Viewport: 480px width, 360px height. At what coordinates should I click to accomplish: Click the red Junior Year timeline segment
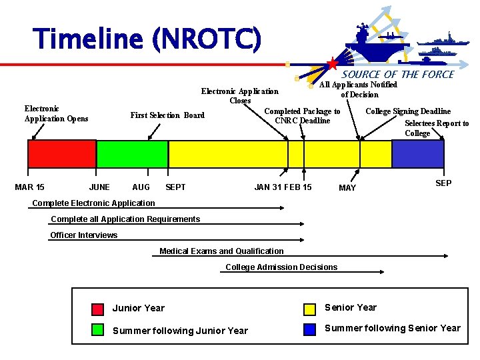pos(61,153)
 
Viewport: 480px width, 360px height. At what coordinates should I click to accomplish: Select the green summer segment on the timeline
pos(132,153)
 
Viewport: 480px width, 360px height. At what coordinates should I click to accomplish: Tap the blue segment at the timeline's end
pos(417,153)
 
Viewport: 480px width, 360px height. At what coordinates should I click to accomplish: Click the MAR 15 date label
pos(29,187)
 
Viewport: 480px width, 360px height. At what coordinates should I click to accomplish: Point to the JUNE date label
pos(99,187)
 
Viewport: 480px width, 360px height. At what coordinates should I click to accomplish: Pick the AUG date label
pos(141,187)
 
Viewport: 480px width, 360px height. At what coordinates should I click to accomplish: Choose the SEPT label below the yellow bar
pos(175,187)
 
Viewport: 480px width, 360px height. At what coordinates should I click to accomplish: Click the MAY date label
pos(347,188)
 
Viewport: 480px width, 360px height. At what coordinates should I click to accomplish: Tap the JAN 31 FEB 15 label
pos(283,187)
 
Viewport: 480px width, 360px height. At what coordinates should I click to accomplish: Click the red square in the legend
pos(97,309)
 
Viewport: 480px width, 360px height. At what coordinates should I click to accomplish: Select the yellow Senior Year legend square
pos(309,309)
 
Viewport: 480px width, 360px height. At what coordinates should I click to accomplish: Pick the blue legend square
pos(309,329)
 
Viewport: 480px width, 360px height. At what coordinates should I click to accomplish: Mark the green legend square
pos(97,330)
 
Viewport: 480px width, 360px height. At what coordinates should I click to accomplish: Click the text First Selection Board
pos(167,115)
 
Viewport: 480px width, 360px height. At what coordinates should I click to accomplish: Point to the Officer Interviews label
pos(84,235)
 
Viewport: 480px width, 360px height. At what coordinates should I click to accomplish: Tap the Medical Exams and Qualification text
pos(221,251)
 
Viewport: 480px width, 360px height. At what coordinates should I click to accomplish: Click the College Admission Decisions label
pos(281,267)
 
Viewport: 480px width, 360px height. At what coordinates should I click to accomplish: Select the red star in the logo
pos(332,65)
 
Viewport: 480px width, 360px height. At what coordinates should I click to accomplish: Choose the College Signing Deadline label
pos(408,111)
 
